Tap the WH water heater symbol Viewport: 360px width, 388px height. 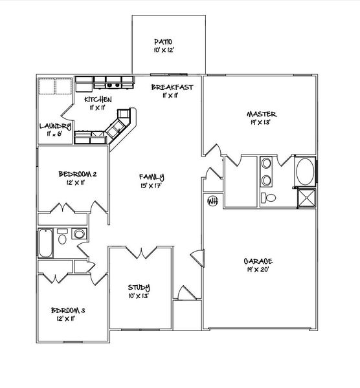(x=211, y=201)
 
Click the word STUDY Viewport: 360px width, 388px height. (x=139, y=288)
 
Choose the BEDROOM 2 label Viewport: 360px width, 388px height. (x=78, y=174)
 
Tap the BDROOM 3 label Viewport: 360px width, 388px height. (x=68, y=310)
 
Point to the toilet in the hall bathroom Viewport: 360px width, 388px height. (x=62, y=237)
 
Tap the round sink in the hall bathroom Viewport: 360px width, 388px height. (x=79, y=233)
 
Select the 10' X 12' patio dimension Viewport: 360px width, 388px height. (x=163, y=49)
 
